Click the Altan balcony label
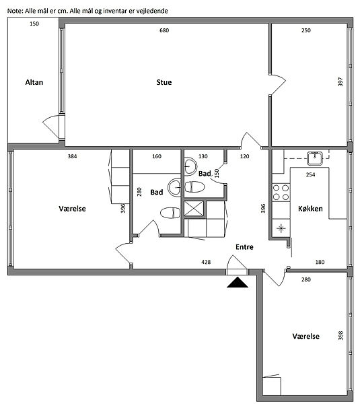(x=34, y=82)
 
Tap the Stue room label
(x=164, y=82)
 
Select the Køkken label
(x=310, y=209)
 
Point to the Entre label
(x=244, y=247)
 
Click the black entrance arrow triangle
(x=238, y=282)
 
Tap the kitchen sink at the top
(x=315, y=158)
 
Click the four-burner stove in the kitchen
(x=281, y=193)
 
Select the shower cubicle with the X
(x=194, y=208)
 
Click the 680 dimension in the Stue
(x=164, y=30)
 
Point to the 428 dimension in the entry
(x=206, y=262)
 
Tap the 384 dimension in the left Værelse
(x=73, y=156)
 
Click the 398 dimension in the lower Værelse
(x=340, y=335)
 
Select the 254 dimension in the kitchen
(x=311, y=174)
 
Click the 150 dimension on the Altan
(x=34, y=24)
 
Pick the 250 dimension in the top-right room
(x=306, y=30)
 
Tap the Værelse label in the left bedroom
(x=72, y=209)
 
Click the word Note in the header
(x=15, y=11)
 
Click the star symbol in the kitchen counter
(x=281, y=228)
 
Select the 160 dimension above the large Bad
(x=157, y=156)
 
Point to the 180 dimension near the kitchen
(x=320, y=262)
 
